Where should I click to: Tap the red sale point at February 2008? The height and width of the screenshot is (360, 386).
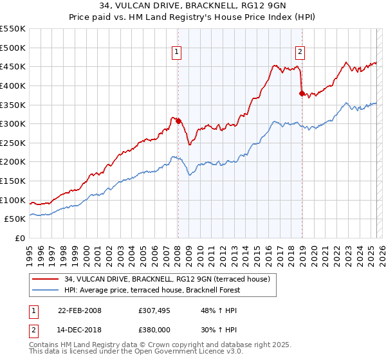pos(178,121)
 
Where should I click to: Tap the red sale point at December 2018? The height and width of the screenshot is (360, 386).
pos(302,93)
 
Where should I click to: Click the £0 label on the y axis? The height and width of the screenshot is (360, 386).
pos(20,238)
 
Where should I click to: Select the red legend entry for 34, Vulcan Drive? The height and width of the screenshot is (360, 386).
pos(170,279)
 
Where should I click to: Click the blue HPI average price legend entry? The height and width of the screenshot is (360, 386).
pos(152,290)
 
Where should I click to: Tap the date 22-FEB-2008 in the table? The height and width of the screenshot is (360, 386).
pos(80,310)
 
